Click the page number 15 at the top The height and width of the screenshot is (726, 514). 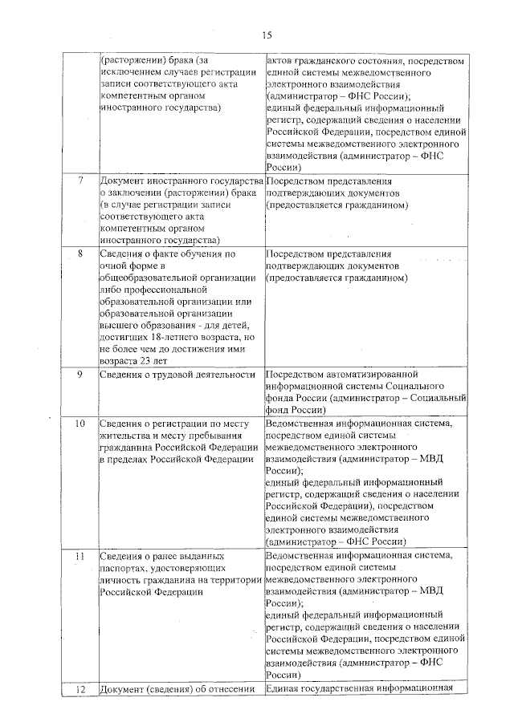click(267, 34)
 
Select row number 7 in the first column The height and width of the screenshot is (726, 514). click(80, 180)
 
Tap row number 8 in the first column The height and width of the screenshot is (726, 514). click(80, 253)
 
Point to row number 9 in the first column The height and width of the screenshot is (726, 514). click(80, 375)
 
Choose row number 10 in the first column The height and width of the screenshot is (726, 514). click(80, 423)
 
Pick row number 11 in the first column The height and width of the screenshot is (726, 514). click(80, 555)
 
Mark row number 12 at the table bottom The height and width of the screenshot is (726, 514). click(80, 689)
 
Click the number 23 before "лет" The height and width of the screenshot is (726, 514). click(147, 360)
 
